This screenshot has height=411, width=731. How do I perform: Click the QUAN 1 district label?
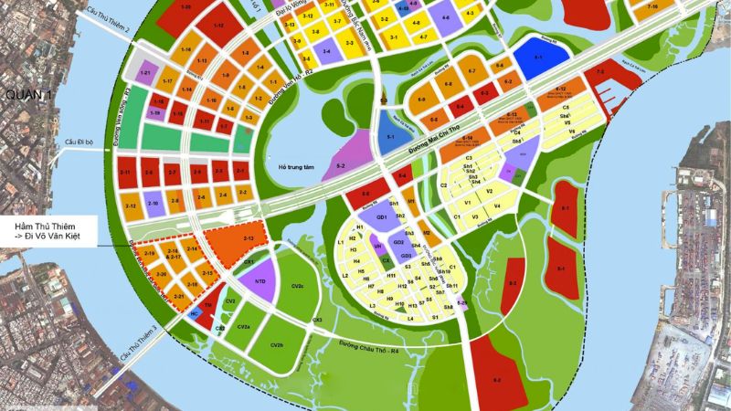pyautogui.click(x=26, y=95)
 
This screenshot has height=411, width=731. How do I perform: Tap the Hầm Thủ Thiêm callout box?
pyautogui.click(x=49, y=230)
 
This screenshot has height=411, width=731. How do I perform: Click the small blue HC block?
pyautogui.click(x=195, y=312)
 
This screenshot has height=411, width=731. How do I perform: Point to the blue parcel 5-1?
pyautogui.click(x=389, y=138)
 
